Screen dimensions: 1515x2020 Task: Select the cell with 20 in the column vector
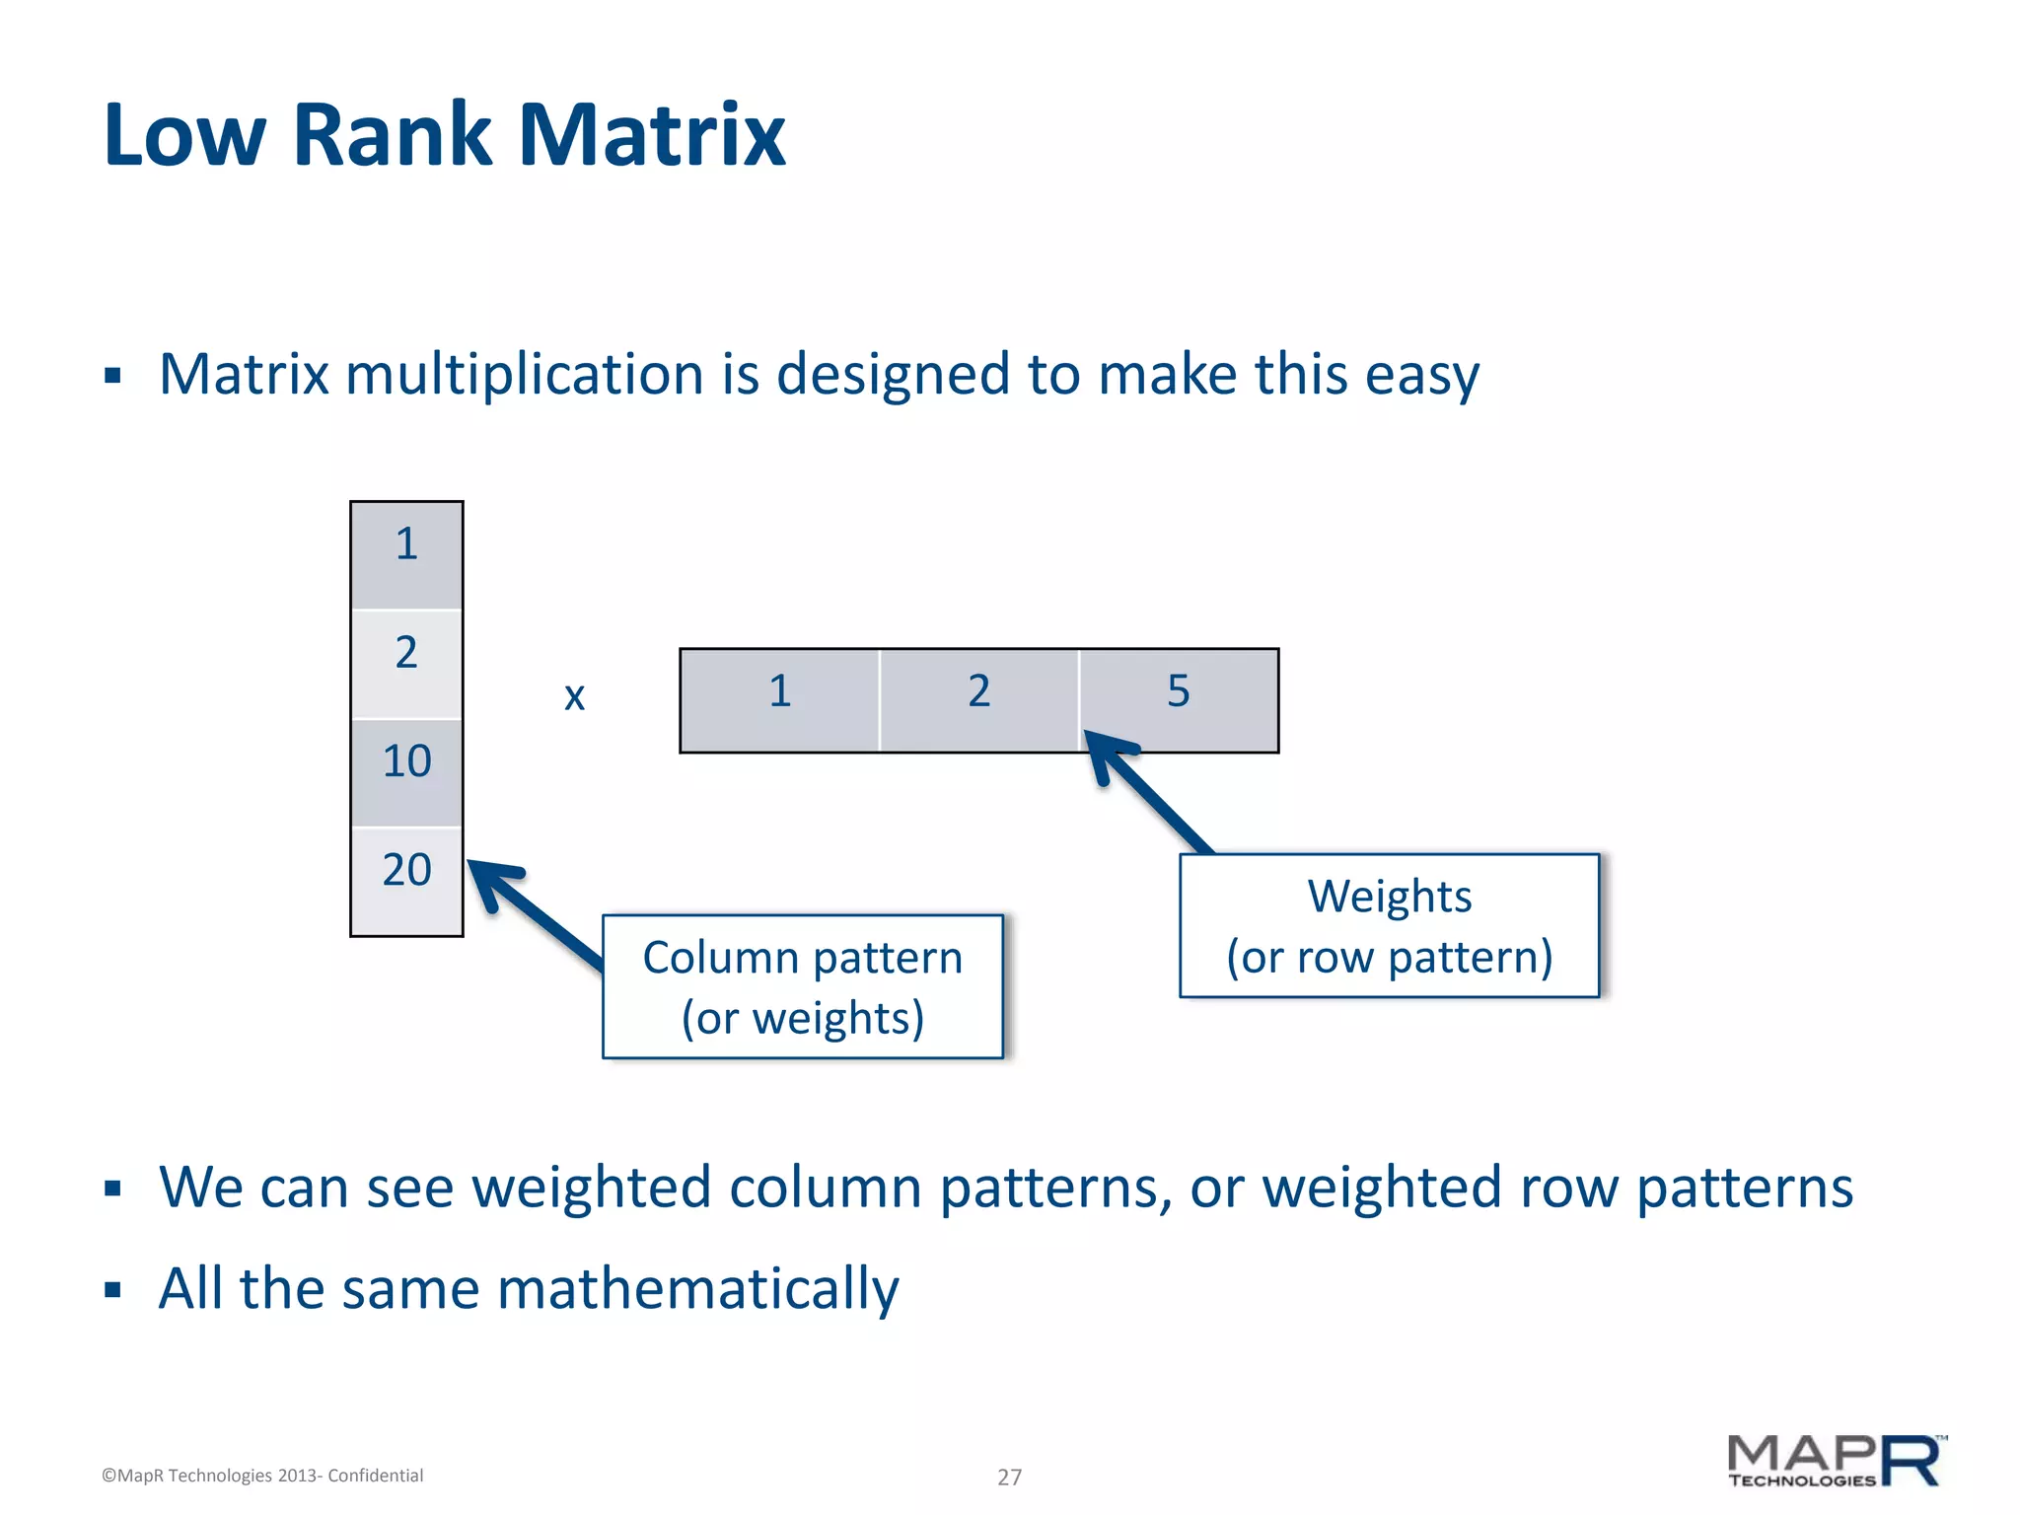(406, 880)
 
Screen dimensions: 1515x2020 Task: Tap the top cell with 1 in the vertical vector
(406, 554)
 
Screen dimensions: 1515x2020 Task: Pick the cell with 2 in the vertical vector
(406, 663)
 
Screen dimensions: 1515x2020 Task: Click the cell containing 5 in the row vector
(1179, 700)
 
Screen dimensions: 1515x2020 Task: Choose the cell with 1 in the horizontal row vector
(779, 700)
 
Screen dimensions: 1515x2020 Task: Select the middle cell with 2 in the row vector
(978, 700)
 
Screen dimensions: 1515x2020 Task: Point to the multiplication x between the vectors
(574, 697)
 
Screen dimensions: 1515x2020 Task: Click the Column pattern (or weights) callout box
(803, 986)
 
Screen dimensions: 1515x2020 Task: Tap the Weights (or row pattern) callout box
(1389, 925)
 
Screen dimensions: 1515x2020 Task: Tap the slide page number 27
(1009, 1477)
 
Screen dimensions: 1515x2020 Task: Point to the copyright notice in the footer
(262, 1476)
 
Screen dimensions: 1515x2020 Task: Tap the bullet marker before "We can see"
(112, 1189)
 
